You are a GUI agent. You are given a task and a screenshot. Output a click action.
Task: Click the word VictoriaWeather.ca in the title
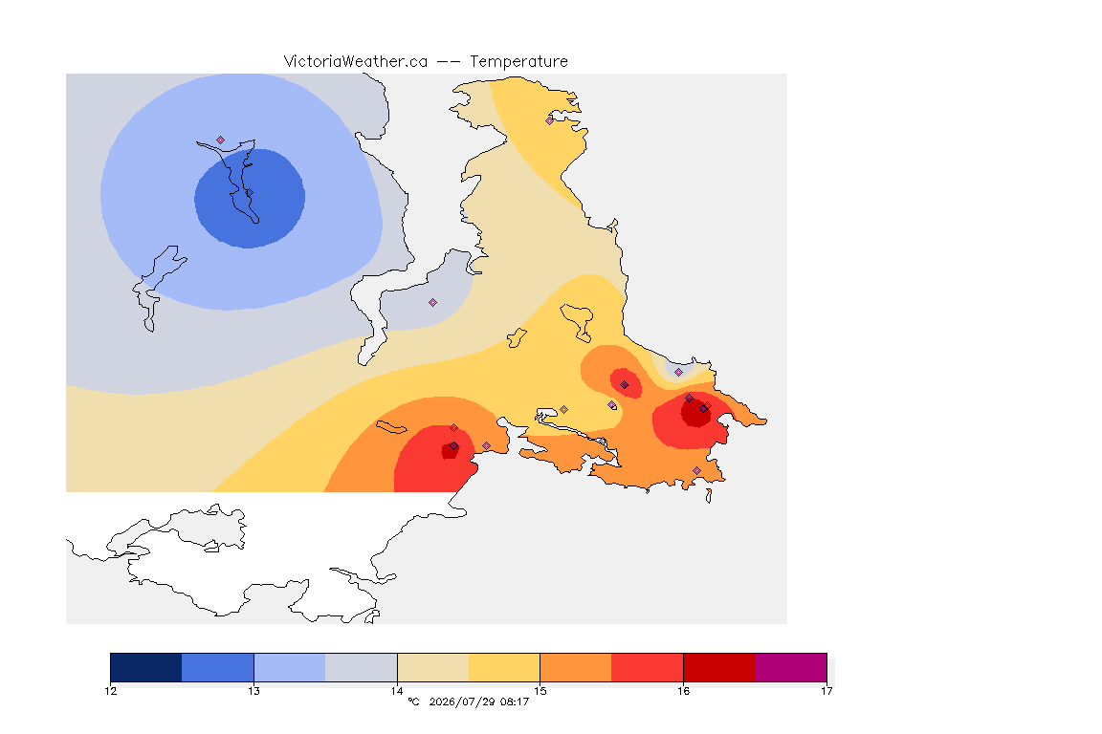point(356,62)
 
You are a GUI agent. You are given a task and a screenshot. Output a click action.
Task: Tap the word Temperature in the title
point(518,62)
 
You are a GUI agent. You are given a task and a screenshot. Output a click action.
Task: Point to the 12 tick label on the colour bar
point(110,691)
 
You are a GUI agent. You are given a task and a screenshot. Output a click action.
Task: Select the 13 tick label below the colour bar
point(253,691)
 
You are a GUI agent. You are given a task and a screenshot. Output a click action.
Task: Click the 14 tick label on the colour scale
point(397,691)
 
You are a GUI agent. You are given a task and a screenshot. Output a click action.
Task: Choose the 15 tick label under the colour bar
point(540,691)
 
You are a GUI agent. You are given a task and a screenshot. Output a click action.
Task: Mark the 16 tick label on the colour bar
point(683,691)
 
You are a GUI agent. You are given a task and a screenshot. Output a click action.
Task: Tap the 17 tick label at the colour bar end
point(826,691)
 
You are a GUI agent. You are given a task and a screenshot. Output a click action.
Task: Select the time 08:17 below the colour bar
point(515,702)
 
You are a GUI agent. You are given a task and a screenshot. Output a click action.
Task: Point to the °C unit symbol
point(414,702)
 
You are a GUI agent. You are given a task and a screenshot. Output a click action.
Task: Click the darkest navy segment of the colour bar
point(146,667)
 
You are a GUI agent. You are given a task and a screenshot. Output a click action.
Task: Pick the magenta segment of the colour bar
point(791,667)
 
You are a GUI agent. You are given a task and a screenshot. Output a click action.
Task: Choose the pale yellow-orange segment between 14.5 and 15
point(504,667)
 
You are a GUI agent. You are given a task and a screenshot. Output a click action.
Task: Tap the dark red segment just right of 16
point(719,667)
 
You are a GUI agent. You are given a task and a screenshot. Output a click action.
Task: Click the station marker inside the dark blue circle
point(249,192)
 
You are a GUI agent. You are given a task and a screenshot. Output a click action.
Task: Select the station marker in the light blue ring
point(221,140)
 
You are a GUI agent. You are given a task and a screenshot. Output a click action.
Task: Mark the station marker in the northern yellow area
point(550,120)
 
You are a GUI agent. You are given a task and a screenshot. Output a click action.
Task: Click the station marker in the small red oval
point(624,385)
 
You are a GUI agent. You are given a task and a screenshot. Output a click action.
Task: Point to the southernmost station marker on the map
point(696,470)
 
